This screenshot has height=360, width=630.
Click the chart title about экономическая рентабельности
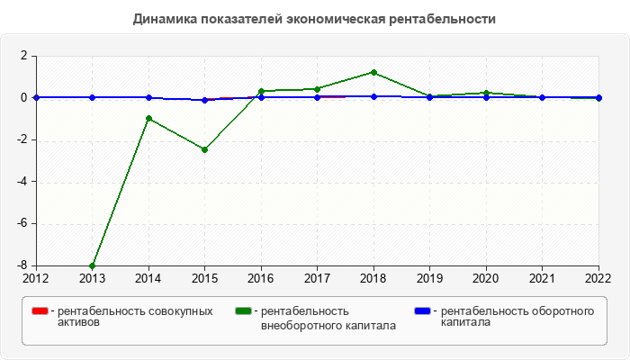click(x=314, y=19)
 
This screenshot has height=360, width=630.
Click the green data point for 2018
click(x=373, y=72)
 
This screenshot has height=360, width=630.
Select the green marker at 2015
click(x=204, y=149)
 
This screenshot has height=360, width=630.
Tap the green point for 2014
click(x=148, y=119)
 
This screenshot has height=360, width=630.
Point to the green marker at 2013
click(x=92, y=265)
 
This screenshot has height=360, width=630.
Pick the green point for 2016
click(x=261, y=91)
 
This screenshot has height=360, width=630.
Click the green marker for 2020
click(x=486, y=93)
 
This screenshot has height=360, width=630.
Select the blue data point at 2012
click(x=36, y=97)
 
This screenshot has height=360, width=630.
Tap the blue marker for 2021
click(x=542, y=97)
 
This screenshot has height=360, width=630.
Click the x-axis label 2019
click(x=429, y=278)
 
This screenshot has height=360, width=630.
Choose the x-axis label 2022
click(x=598, y=278)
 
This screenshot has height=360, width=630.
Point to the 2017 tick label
click(x=317, y=278)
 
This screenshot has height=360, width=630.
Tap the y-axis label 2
click(x=25, y=56)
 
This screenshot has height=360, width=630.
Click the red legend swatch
click(x=40, y=311)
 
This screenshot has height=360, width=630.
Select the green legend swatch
click(x=243, y=311)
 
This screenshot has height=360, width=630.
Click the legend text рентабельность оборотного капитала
click(x=517, y=317)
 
